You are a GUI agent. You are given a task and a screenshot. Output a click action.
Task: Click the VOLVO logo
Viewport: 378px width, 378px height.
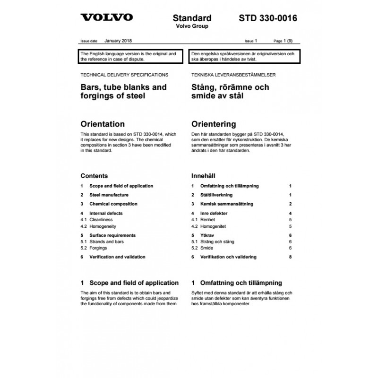point(107,18)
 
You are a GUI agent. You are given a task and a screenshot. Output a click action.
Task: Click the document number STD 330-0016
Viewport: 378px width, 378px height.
point(267,18)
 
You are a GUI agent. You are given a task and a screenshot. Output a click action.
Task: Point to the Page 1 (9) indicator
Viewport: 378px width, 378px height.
point(286,42)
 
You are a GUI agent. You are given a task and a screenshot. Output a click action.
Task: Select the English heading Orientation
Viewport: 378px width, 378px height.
point(103,124)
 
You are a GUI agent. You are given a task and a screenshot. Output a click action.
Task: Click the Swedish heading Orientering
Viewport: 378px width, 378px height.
point(213,124)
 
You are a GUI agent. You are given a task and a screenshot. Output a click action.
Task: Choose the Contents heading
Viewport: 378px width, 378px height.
point(94,176)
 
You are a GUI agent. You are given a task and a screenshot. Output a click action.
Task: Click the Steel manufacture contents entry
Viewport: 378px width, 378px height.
point(109,195)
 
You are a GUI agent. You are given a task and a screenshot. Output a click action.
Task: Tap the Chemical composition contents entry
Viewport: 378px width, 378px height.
point(113,204)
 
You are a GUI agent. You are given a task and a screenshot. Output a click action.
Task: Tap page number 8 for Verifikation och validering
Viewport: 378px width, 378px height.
point(290,257)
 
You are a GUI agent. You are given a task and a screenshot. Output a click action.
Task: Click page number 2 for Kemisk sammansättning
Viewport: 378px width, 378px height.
point(290,204)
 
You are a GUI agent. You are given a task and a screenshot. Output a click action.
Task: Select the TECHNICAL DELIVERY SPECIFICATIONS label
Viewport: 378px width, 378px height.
point(124,75)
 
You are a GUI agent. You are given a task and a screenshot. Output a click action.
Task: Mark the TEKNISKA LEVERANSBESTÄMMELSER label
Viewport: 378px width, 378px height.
point(233,75)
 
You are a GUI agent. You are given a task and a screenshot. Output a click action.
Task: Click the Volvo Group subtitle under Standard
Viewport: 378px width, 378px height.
point(192,26)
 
